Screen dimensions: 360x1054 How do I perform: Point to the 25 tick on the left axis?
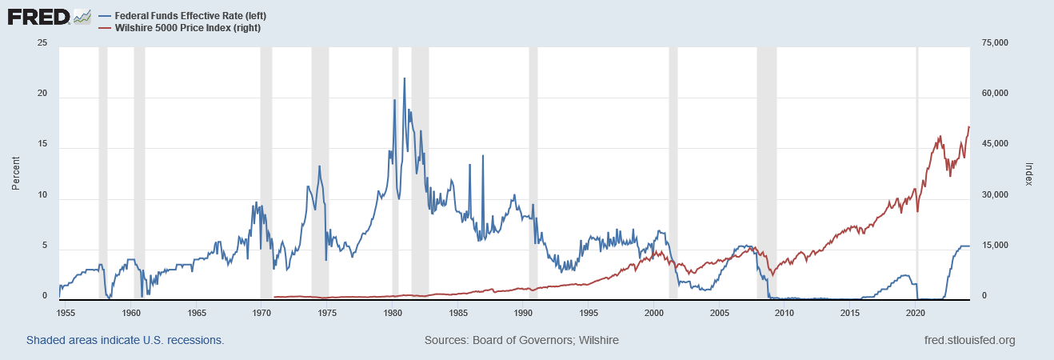click(42, 42)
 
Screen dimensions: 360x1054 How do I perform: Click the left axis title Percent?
click(16, 173)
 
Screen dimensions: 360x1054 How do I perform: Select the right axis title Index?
click(1029, 173)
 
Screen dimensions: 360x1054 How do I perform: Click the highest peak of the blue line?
click(404, 78)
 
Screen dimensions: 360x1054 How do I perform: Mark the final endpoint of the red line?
click(969, 126)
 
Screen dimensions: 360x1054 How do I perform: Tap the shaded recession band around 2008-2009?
click(766, 173)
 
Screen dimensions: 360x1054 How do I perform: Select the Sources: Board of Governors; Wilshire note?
click(521, 340)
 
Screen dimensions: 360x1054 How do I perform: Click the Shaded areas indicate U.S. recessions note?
click(125, 340)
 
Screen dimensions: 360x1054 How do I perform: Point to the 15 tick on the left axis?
click(42, 144)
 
